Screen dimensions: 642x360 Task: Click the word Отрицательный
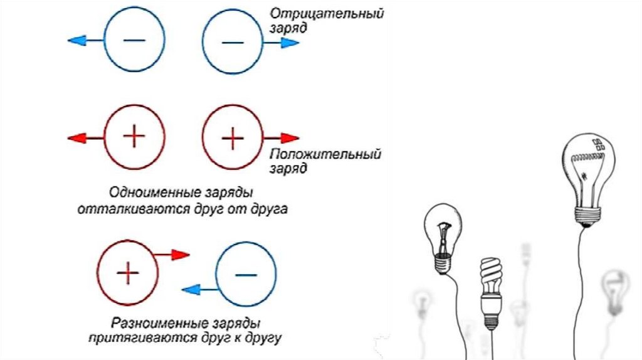pyautogui.click(x=327, y=13)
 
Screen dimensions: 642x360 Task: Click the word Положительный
pyautogui.click(x=326, y=154)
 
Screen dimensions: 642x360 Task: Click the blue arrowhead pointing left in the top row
pyautogui.click(x=76, y=41)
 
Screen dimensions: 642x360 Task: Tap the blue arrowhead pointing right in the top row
pyautogui.click(x=290, y=43)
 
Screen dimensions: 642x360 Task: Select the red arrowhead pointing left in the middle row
pyautogui.click(x=76, y=137)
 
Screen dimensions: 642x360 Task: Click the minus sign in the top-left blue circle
pyautogui.click(x=134, y=40)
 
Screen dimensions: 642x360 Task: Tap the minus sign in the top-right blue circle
pyautogui.click(x=233, y=42)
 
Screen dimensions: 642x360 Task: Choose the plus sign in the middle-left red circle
pyautogui.click(x=134, y=136)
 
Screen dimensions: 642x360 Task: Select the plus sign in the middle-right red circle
pyautogui.click(x=233, y=137)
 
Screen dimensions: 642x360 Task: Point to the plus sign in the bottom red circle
pyautogui.click(x=127, y=272)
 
